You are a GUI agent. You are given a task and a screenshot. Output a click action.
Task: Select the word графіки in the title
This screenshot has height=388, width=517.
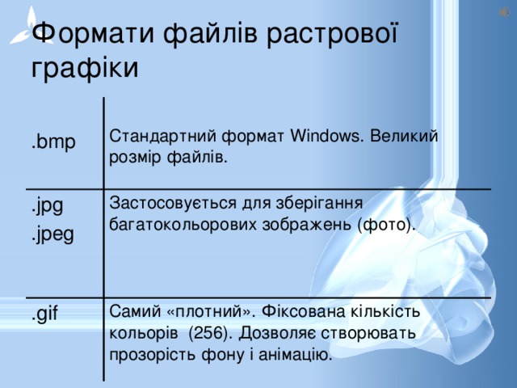(85, 66)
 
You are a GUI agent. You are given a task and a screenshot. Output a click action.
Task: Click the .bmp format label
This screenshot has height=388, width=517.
(53, 143)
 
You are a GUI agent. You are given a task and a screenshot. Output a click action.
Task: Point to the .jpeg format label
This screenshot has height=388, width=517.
(53, 234)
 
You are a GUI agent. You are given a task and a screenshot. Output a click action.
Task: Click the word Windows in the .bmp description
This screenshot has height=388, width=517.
(326, 135)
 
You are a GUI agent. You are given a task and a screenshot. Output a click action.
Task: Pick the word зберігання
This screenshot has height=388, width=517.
(329, 202)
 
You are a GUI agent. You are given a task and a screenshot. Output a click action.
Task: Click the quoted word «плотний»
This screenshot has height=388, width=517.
(209, 310)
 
